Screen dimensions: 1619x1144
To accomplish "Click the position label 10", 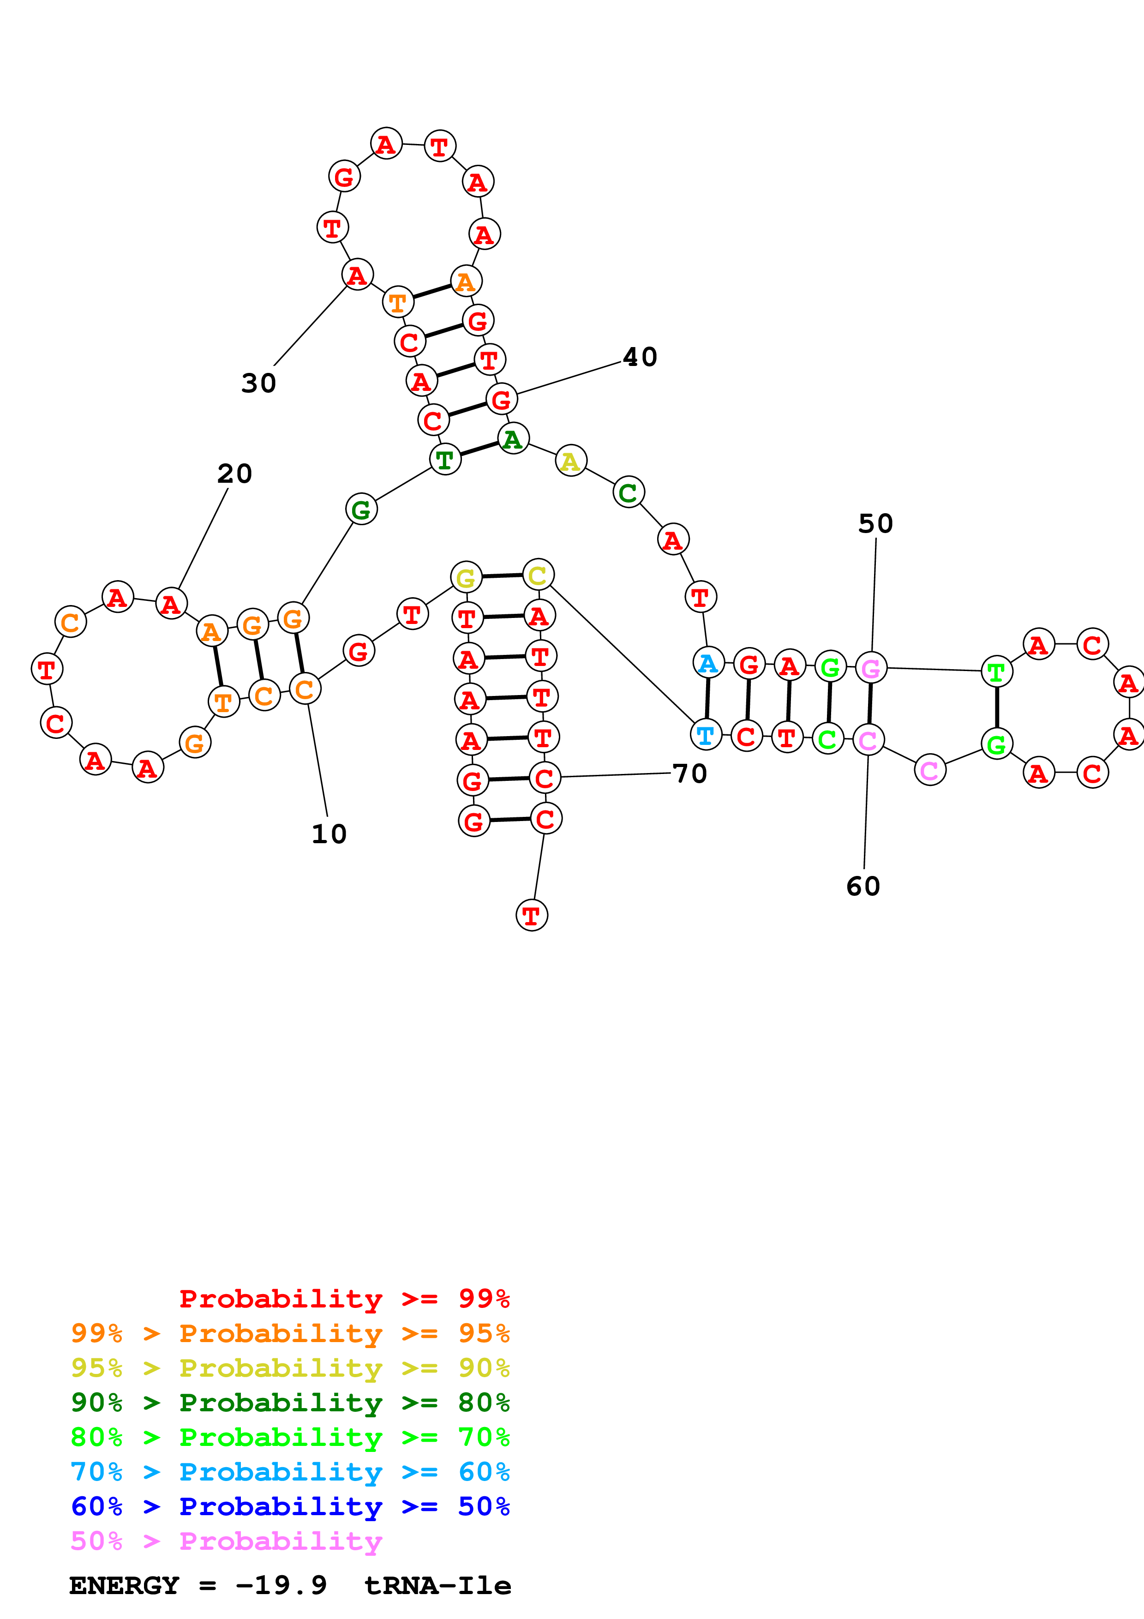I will coord(329,834).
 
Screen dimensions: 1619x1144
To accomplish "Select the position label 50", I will coord(875,524).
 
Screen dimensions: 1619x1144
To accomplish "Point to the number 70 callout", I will coord(689,774).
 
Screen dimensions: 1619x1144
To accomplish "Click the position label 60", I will coord(863,887).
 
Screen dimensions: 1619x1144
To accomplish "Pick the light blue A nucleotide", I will coord(708,663).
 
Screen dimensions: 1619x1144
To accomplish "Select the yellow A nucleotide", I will coord(570,461).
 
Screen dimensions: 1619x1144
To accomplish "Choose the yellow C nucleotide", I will coord(538,576).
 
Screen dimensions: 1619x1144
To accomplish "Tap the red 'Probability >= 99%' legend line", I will coord(344,1299).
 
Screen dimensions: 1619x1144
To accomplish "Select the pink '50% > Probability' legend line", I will coord(226,1541).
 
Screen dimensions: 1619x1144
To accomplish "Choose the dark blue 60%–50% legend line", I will coord(290,1507).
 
